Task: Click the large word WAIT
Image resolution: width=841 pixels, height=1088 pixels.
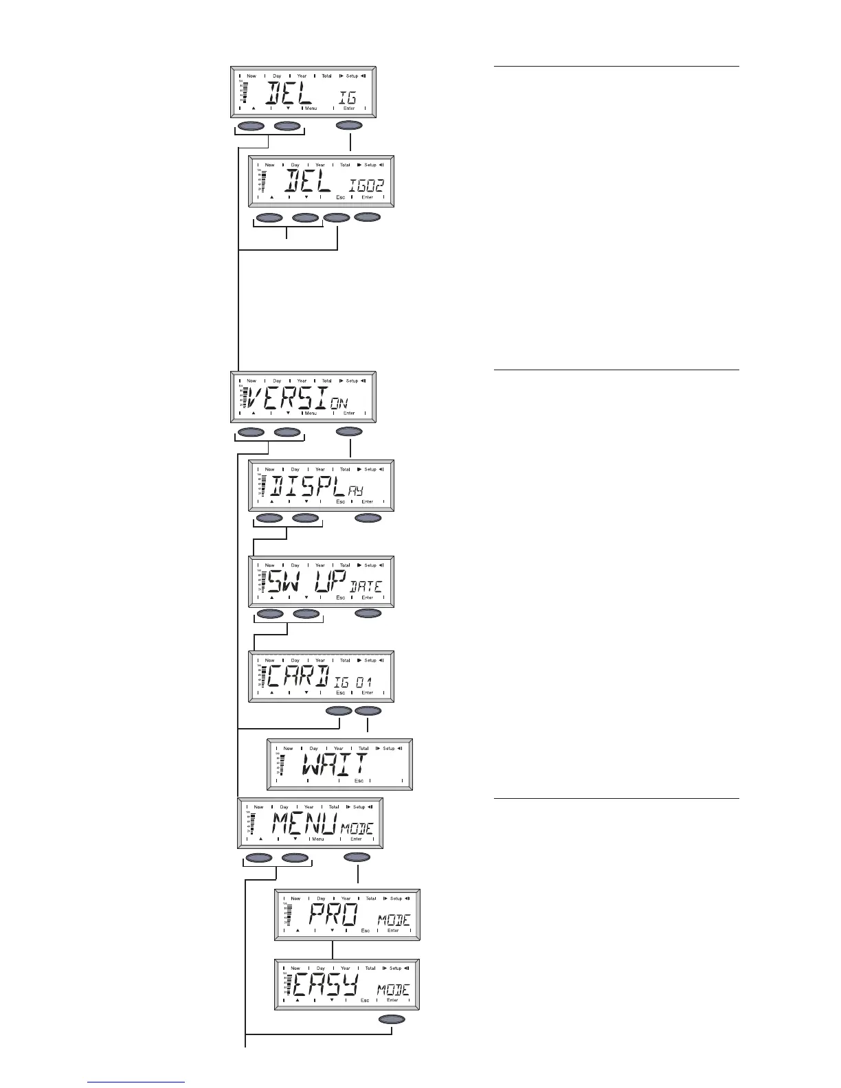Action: click(x=335, y=764)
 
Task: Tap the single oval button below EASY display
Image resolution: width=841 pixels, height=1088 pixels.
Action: click(x=392, y=1019)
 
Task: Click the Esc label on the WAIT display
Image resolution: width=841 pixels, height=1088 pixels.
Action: click(x=359, y=781)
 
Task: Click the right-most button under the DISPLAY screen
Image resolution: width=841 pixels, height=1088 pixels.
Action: click(x=368, y=518)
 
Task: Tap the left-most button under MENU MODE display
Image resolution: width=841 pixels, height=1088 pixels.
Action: click(x=259, y=857)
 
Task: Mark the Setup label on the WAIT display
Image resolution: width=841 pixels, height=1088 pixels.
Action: click(x=388, y=748)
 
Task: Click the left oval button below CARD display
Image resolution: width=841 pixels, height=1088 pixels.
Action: click(x=338, y=710)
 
